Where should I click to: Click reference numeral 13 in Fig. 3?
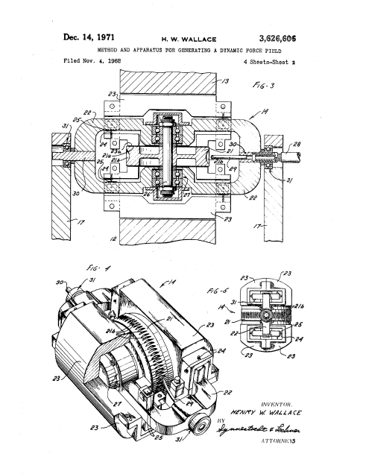pos(226,79)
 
